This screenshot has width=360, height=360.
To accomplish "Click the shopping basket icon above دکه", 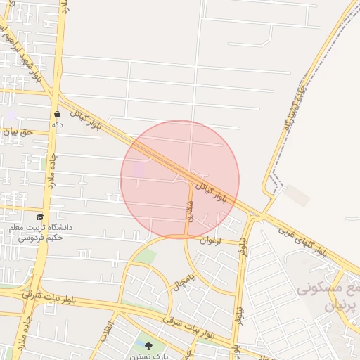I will point(57,114).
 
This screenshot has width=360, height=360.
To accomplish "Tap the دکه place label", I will point(57,124).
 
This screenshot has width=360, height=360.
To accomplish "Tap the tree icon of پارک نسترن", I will point(148,346).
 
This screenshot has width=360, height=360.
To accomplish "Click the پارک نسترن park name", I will point(148,356).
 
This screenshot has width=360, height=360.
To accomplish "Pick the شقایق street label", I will point(188,210).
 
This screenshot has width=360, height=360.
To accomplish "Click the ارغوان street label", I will point(211,240).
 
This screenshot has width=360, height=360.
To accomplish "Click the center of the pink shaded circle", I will point(180,179).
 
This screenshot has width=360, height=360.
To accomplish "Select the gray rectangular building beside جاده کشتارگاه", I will point(297,195).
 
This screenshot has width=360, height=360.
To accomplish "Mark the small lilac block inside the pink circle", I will point(139,169).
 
